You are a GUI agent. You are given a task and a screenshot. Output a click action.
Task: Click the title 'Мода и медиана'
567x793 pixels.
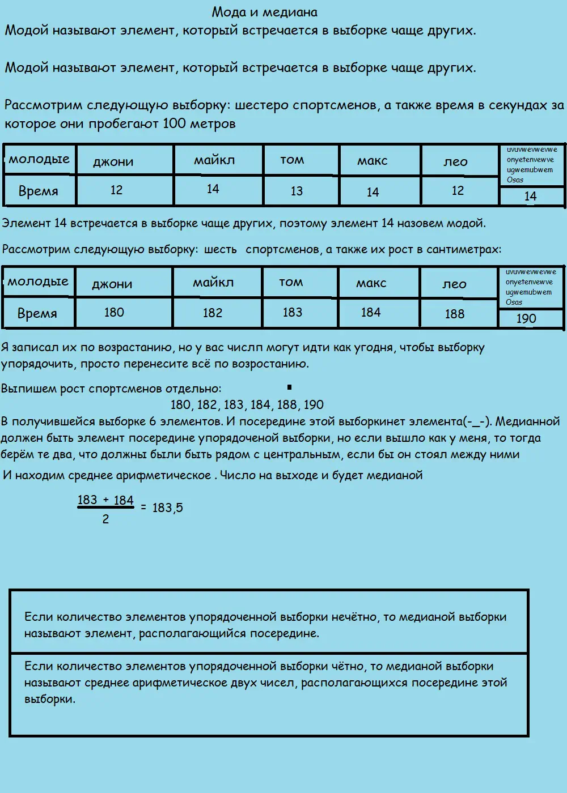(264, 12)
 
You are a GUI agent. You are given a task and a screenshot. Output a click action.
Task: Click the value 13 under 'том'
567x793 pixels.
(297, 191)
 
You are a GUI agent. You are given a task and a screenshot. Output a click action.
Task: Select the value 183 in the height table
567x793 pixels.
(292, 313)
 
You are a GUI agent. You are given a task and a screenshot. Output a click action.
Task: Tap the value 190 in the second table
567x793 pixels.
(526, 319)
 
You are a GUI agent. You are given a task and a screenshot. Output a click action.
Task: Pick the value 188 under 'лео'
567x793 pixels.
(454, 314)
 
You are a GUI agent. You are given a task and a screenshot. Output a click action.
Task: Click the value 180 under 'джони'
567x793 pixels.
(114, 313)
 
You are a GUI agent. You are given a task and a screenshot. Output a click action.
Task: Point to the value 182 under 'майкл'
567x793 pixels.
(213, 313)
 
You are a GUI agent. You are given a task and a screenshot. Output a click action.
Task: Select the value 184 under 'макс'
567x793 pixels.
(371, 313)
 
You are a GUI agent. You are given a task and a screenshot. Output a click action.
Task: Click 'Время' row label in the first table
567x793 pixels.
(38, 191)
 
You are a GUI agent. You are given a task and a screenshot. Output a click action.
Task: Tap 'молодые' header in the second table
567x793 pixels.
(38, 282)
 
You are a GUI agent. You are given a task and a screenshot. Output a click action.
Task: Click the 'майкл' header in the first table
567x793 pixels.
(214, 160)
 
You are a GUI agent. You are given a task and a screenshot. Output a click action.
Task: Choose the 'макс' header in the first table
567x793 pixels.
(373, 161)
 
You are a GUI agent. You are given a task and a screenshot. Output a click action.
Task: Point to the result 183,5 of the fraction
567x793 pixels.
(168, 508)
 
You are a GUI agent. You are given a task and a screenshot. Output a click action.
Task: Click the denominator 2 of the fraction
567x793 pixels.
(105, 519)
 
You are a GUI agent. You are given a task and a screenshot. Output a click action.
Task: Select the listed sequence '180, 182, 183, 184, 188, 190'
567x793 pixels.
(247, 405)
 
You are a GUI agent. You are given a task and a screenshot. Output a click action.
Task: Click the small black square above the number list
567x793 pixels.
(289, 387)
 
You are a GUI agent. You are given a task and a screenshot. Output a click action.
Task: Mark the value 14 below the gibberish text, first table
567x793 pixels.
(530, 197)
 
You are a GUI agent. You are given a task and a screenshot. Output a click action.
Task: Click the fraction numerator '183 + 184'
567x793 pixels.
(105, 500)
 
